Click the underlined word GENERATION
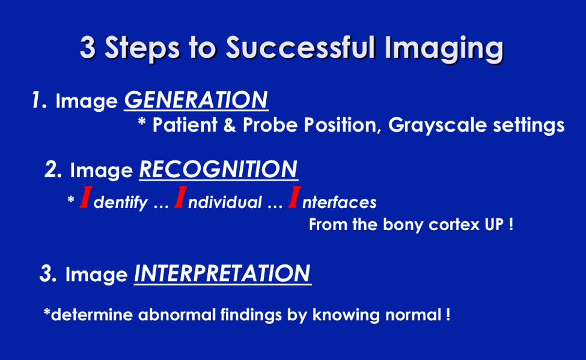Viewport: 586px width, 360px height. (x=196, y=100)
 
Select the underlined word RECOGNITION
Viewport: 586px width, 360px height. (x=219, y=169)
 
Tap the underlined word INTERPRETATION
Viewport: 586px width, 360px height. (x=223, y=273)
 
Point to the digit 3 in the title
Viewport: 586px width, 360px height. (x=88, y=48)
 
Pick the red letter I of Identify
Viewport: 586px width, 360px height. (x=86, y=197)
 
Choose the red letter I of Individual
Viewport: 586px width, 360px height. (x=180, y=197)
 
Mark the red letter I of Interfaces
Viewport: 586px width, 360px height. (x=295, y=197)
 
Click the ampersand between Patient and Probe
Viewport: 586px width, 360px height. (x=230, y=125)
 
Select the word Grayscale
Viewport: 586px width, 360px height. (x=438, y=126)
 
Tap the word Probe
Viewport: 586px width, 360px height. (x=270, y=125)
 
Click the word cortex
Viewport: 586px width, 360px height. (x=454, y=225)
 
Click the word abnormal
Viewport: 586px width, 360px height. (x=177, y=315)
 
